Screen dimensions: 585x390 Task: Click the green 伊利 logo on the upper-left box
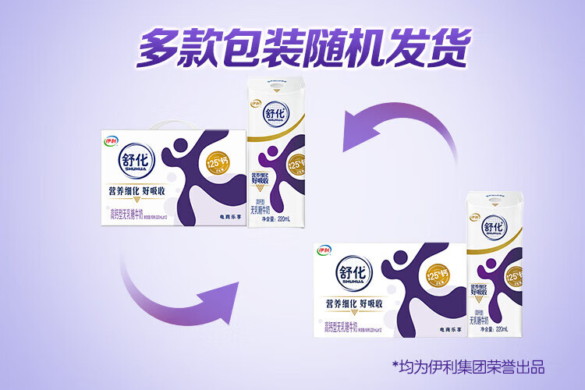tap(110, 140)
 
